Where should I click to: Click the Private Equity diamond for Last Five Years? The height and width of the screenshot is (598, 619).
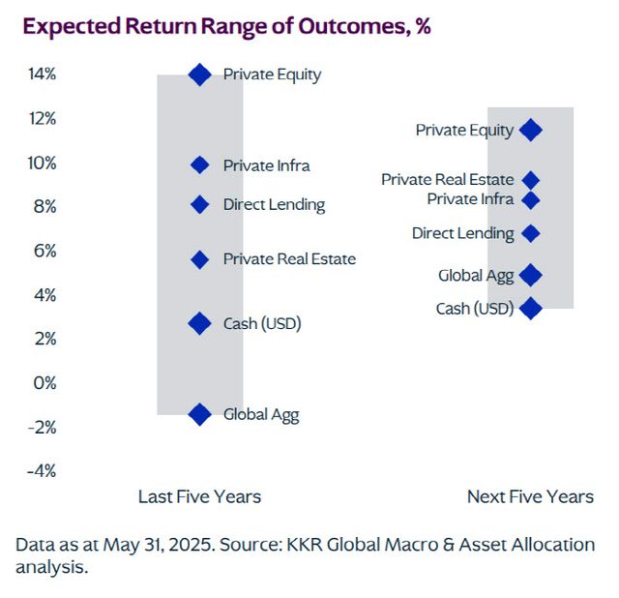(200, 75)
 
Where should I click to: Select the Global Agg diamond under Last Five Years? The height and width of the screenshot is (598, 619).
(200, 415)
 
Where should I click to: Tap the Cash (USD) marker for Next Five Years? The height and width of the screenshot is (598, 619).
(530, 309)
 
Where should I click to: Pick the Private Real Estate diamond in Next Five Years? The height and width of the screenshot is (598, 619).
(530, 180)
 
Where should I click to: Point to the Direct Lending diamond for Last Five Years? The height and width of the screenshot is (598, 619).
(200, 204)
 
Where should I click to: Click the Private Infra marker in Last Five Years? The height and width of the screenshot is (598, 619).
(200, 165)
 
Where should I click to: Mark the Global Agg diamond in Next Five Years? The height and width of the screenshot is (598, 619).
(530, 276)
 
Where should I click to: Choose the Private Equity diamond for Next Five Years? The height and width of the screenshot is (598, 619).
(530, 130)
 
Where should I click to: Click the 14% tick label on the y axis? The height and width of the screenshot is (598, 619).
(41, 75)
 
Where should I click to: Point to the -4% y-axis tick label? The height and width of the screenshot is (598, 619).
(41, 471)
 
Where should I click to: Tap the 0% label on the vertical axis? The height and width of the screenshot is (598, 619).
(44, 383)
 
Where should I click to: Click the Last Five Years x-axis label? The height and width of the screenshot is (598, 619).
(199, 496)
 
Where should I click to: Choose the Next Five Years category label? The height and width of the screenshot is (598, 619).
(530, 496)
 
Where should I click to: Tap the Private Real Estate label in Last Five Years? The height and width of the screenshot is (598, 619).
(289, 259)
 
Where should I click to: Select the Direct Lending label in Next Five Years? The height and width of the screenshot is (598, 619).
(462, 233)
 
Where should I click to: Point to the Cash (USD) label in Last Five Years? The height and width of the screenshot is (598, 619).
(262, 323)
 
